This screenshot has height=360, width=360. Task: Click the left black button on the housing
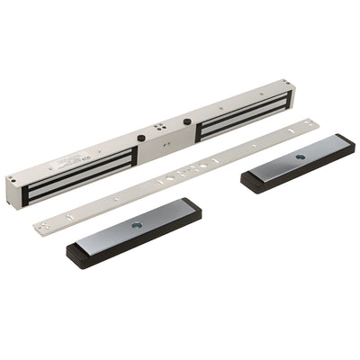(141, 139)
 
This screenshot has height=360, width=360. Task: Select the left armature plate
(135, 231)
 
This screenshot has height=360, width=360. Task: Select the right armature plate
(297, 161)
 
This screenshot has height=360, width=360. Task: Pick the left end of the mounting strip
(40, 221)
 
